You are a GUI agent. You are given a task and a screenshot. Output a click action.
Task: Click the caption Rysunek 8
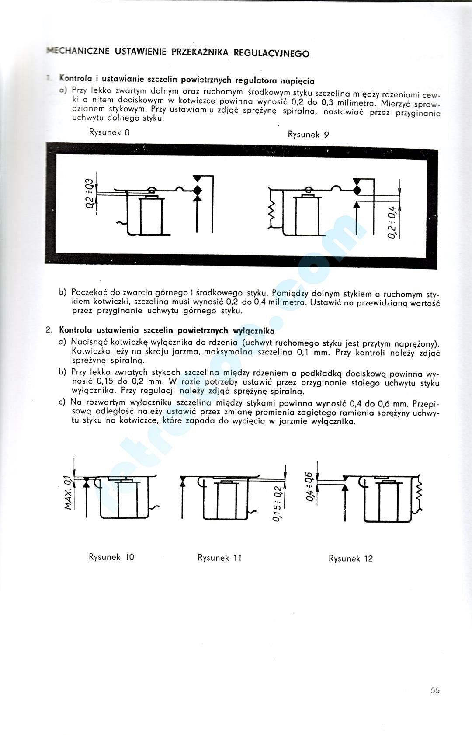pos(109,132)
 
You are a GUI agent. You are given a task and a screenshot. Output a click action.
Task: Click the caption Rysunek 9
pos(308,134)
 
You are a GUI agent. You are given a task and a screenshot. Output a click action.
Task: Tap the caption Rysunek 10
pos(111,557)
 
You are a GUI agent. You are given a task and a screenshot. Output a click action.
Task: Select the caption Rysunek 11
pos(219,558)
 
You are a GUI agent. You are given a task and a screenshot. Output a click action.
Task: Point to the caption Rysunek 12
pos(351,558)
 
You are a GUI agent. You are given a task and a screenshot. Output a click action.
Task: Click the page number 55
pos(435,691)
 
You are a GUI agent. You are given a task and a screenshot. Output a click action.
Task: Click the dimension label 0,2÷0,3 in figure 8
pos(89,193)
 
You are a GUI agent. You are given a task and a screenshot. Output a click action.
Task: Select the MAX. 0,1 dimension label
pos(67,492)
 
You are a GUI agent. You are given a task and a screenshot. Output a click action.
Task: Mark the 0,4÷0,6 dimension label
pos(310,486)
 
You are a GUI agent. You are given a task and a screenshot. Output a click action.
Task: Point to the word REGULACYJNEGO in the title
pos(271,53)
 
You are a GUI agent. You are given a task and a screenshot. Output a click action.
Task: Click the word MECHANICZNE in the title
pos(78,51)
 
